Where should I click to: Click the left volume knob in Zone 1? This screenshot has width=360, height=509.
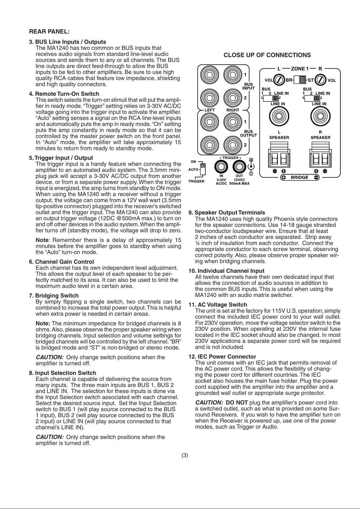click(280, 80)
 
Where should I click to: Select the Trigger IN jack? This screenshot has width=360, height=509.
click(221, 166)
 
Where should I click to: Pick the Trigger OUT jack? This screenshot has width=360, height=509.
click(239, 166)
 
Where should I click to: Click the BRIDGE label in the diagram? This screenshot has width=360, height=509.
click(300, 177)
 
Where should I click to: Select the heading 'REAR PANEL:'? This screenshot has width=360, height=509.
click(49, 31)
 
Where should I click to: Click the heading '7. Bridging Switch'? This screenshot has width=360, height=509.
click(54, 295)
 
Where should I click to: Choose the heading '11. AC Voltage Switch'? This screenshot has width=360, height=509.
click(218, 304)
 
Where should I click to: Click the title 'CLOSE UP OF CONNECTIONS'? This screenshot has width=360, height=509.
click(267, 55)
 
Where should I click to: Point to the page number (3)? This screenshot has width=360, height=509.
click(185, 455)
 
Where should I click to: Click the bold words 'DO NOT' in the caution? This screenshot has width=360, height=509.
click(237, 402)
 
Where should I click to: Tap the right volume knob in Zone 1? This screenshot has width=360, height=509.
click(321, 80)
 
